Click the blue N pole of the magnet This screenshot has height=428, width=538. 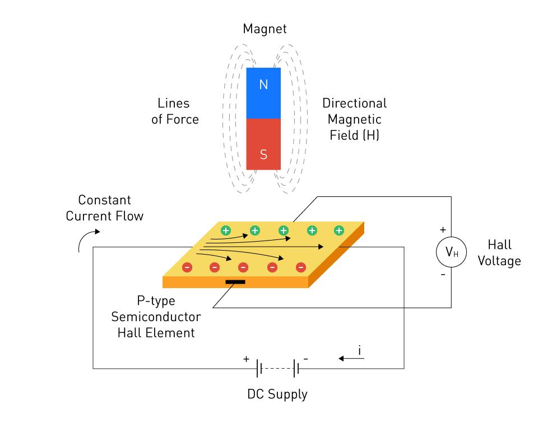pyautogui.click(x=263, y=93)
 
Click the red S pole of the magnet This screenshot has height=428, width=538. pyautogui.click(x=263, y=144)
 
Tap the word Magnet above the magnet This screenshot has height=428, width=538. pyautogui.click(x=265, y=29)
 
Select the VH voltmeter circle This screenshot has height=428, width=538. pyautogui.click(x=451, y=253)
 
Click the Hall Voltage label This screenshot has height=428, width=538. pyautogui.click(x=499, y=253)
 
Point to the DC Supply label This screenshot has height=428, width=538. pyautogui.click(x=277, y=394)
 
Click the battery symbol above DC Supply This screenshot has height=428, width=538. pyautogui.click(x=277, y=369)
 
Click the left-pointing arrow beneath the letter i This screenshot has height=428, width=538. pyautogui.click(x=351, y=360)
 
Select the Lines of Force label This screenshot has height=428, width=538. pyautogui.click(x=175, y=111)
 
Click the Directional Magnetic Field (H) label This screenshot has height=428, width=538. pyautogui.click(x=354, y=119)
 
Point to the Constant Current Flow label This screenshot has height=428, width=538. pyautogui.click(x=105, y=208)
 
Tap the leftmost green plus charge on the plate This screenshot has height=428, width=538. pyautogui.click(x=226, y=230)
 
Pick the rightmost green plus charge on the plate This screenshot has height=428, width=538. pyautogui.click(x=339, y=230)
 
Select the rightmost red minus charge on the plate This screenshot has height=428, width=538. pyautogui.click(x=300, y=267)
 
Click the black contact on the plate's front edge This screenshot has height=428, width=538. pyautogui.click(x=235, y=281)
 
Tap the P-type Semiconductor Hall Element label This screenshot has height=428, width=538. pyautogui.click(x=156, y=317)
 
